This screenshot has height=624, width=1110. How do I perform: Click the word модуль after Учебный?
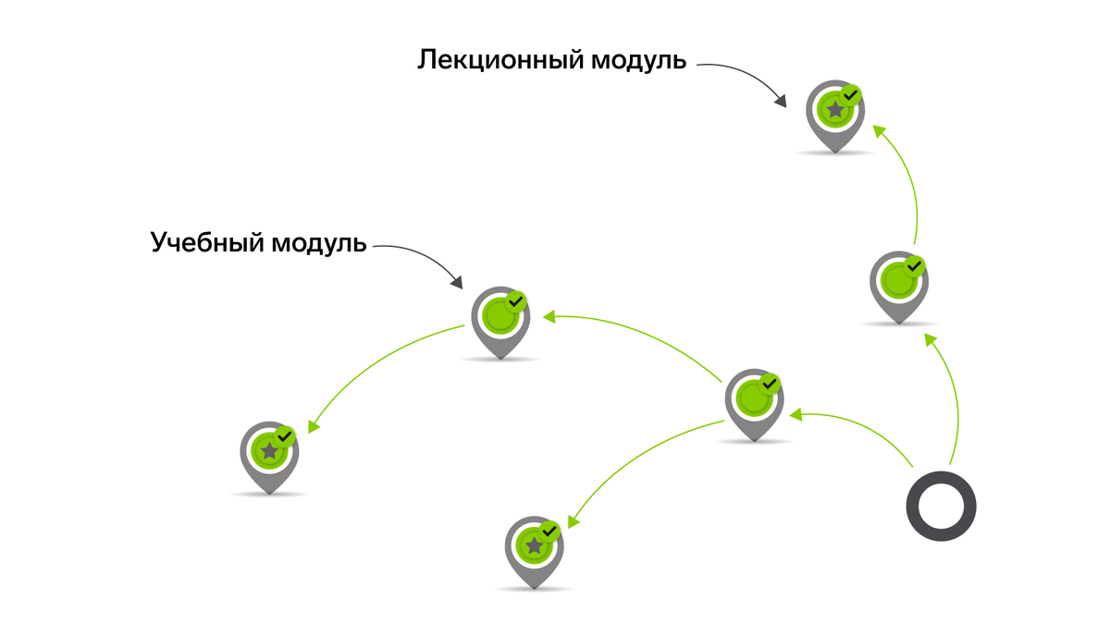[319, 244]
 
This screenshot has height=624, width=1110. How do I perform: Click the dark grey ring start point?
[941, 507]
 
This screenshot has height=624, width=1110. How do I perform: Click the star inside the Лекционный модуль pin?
[835, 110]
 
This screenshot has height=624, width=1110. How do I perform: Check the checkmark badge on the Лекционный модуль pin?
[851, 94]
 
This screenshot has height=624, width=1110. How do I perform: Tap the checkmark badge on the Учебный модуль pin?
[516, 301]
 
